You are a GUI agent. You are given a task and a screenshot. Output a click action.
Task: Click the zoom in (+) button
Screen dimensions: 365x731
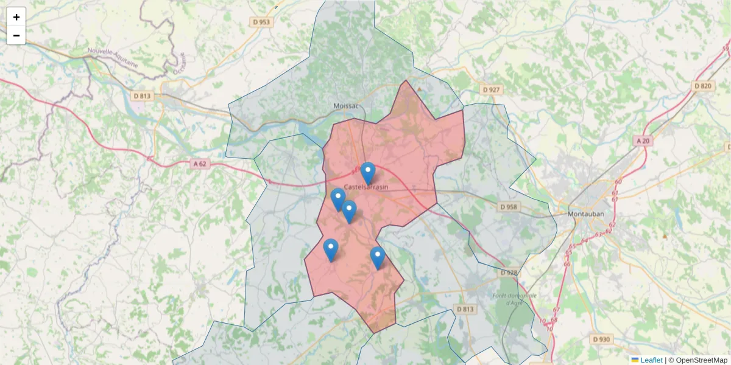16,17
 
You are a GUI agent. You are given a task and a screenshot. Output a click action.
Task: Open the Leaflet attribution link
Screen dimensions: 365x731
651,360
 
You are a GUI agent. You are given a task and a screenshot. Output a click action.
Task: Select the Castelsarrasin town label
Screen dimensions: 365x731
367,187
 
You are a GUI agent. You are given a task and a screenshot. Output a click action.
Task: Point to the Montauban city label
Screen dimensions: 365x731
585,214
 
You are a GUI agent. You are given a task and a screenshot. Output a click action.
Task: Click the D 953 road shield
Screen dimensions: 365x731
261,23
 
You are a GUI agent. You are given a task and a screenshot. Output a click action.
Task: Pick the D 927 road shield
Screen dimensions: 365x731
491,90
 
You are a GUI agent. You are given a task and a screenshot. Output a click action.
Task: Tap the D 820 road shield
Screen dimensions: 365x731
702,86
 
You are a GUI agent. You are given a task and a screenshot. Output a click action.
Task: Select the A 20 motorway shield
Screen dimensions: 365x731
643,141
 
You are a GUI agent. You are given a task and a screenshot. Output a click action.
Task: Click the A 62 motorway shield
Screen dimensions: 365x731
200,163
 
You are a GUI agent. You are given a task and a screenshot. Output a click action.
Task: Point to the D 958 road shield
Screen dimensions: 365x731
508,207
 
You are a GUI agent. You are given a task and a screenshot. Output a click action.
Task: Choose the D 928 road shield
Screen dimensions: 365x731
508,273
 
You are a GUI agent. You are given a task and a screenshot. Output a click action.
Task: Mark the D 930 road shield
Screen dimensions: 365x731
601,339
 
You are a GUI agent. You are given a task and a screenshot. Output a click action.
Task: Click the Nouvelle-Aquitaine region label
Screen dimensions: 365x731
113,58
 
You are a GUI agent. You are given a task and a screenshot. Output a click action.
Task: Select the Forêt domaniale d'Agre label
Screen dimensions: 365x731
515,299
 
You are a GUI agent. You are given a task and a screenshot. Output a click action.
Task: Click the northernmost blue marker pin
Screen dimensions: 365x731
367,173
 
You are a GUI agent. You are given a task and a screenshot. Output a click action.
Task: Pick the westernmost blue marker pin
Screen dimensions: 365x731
331,249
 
